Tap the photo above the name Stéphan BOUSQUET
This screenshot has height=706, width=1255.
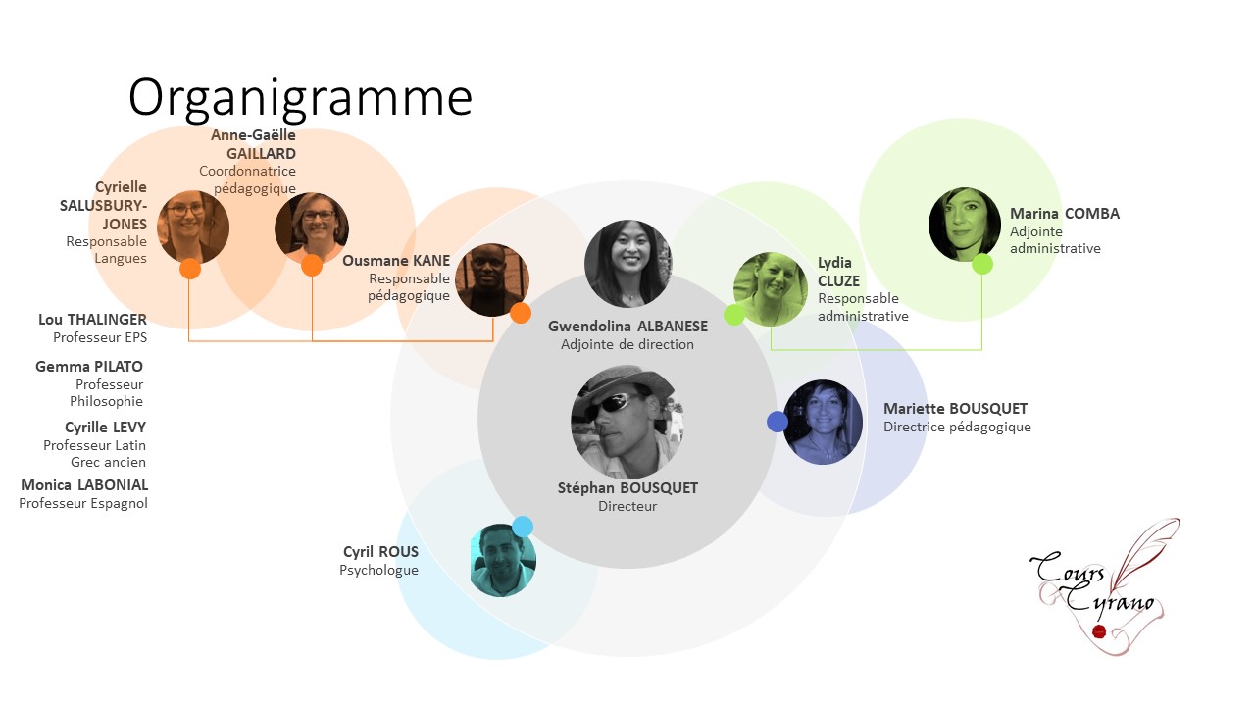(627, 422)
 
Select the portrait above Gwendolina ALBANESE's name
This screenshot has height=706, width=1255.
(628, 264)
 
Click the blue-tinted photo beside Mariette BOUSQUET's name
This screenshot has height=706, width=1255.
(823, 422)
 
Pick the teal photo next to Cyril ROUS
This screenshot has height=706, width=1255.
(503, 560)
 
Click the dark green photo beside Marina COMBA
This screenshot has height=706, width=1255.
(964, 225)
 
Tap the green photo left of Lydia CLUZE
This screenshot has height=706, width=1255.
(771, 289)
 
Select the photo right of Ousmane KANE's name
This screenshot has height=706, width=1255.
(492, 279)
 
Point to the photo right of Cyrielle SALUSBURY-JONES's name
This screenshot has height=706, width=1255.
(193, 227)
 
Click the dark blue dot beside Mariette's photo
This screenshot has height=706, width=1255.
(778, 422)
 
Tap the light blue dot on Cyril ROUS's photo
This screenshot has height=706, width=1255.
(523, 527)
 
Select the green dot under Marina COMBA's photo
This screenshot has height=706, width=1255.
(982, 264)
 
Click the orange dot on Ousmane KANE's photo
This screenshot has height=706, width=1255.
(521, 313)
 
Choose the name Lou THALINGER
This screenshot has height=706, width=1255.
(92, 320)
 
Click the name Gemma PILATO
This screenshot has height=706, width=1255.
(89, 367)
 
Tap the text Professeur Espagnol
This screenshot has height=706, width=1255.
(83, 503)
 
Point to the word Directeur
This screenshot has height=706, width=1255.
(627, 506)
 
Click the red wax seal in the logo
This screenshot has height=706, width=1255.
(1099, 631)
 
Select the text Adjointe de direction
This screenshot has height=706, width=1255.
(627, 344)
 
